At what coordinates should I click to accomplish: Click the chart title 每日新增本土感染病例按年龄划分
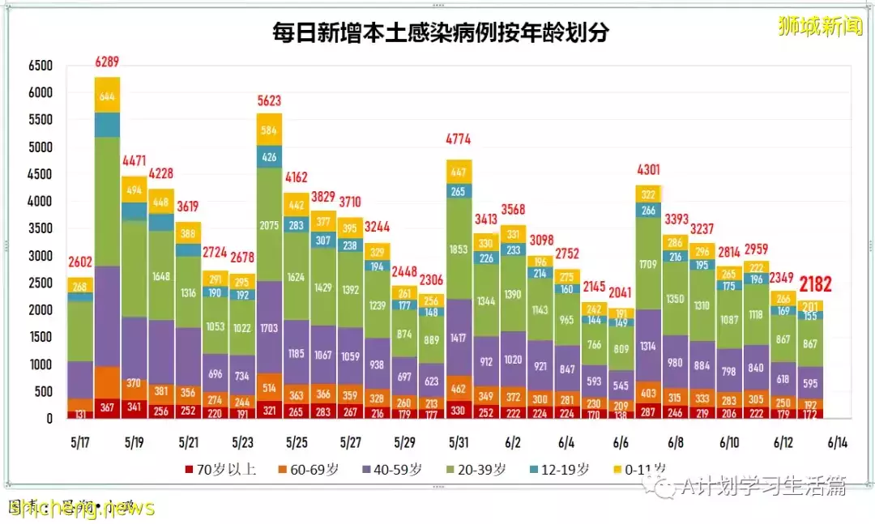(441, 32)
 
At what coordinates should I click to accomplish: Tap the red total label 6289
(107, 62)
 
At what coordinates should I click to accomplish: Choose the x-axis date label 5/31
(458, 443)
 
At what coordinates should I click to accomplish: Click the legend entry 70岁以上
(220, 469)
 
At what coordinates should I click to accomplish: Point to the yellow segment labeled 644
(107, 96)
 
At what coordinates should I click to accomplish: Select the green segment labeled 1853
(458, 249)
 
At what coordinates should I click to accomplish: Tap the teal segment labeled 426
(269, 156)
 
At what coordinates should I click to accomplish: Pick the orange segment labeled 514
(269, 387)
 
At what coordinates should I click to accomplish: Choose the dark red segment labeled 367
(107, 408)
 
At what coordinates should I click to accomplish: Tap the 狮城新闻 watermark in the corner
(820, 26)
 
